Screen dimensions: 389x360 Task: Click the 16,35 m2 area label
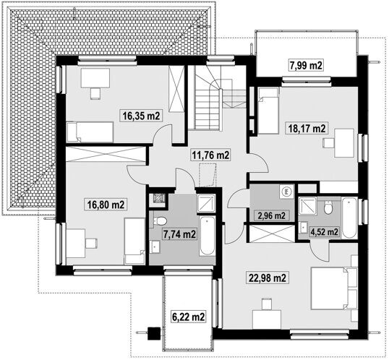[x=141, y=116]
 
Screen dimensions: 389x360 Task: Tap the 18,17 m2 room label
[x=307, y=129]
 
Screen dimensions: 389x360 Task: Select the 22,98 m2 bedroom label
[x=268, y=278]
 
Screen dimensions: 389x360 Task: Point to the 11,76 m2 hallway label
[x=210, y=155]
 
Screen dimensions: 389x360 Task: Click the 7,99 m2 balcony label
[x=306, y=65]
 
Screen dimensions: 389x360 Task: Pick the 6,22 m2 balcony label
[x=189, y=317]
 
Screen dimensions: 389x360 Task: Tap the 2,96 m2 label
[x=272, y=216]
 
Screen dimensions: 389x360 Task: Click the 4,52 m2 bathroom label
[x=324, y=232]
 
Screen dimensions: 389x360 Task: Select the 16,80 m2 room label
[x=106, y=205]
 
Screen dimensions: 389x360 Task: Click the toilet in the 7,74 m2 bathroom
[x=160, y=220]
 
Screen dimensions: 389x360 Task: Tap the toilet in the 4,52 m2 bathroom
[x=328, y=207]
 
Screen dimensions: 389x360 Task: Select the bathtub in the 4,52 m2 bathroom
[x=349, y=218]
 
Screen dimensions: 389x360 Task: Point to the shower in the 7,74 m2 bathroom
[x=206, y=203]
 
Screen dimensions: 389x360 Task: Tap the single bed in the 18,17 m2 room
[x=269, y=111]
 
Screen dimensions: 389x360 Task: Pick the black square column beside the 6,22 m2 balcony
[x=154, y=334]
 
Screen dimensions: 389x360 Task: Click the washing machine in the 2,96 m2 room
[x=286, y=192]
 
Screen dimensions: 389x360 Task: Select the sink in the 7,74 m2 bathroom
[x=155, y=247]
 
